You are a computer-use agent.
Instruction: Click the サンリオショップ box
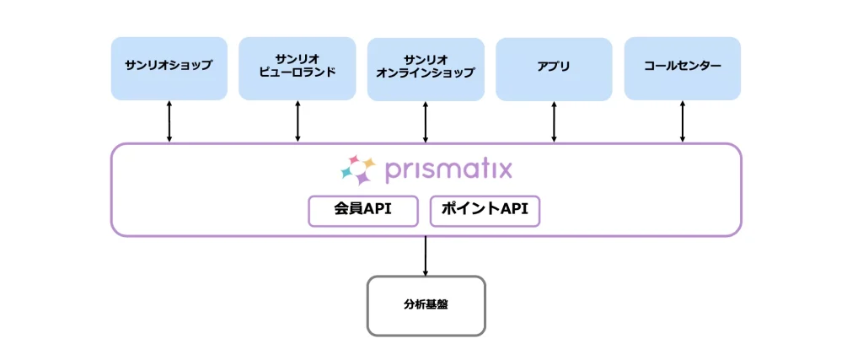(169, 68)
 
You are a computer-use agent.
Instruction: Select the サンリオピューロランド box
(297, 68)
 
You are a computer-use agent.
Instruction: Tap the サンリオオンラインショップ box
(426, 69)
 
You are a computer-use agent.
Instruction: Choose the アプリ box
(554, 69)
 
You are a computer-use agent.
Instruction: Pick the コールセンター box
(683, 68)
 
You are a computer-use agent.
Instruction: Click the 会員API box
(363, 211)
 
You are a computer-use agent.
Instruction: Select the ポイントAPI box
(485, 211)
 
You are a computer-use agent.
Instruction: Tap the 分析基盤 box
(426, 305)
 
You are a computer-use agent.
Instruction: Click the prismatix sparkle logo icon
(357, 169)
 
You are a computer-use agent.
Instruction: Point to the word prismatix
(448, 170)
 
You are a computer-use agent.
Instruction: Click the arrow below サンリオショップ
(169, 121)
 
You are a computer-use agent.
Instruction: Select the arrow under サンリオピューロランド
(297, 121)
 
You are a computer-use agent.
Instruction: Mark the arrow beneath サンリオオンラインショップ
(426, 121)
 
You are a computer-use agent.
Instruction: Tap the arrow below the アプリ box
(554, 121)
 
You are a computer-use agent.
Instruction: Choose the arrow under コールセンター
(683, 121)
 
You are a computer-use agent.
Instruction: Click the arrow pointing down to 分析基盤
(426, 256)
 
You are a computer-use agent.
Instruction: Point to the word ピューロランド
(297, 73)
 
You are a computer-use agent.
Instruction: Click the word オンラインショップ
(426, 73)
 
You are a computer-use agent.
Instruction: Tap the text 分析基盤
(426, 304)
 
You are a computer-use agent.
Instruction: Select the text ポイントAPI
(485, 209)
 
